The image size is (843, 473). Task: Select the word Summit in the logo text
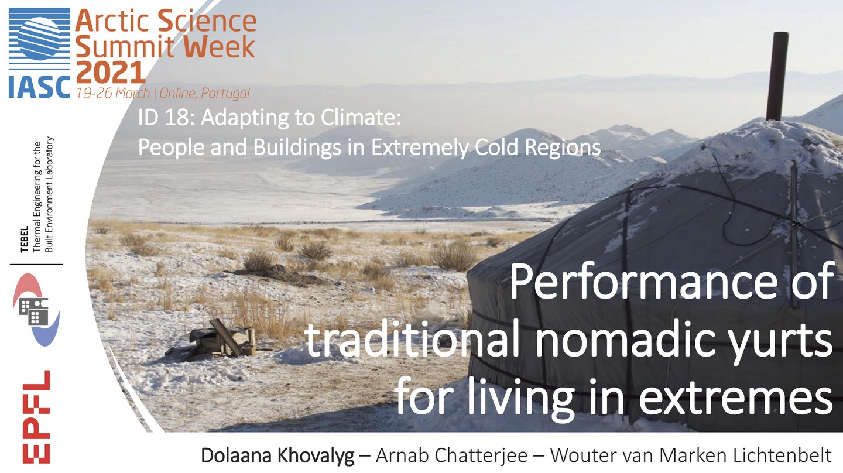[114, 47]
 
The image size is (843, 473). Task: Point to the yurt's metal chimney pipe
[777, 76]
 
